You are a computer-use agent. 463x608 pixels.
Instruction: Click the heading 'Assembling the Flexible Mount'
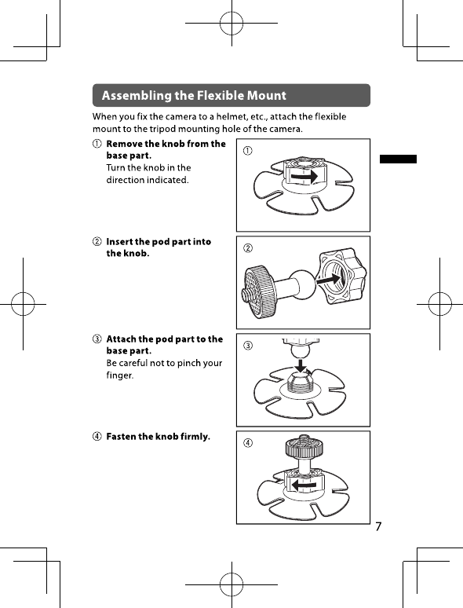click(194, 95)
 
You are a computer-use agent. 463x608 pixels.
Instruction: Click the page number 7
click(378, 526)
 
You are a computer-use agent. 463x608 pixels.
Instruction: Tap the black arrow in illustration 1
click(304, 177)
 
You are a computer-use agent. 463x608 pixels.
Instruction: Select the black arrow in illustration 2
click(329, 278)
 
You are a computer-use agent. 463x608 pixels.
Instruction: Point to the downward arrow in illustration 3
click(300, 365)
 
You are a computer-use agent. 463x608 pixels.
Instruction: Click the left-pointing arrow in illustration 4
click(304, 485)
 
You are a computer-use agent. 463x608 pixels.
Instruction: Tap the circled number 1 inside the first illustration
click(247, 151)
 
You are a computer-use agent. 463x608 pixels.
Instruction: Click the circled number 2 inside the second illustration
click(247, 247)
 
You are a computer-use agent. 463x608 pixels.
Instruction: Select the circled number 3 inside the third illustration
click(247, 345)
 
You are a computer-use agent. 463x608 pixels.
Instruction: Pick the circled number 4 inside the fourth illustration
click(247, 442)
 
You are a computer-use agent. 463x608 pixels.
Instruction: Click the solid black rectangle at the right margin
click(398, 159)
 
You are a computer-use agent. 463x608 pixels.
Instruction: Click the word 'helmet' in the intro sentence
click(231, 117)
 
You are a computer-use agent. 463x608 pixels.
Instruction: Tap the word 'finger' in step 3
click(120, 375)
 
